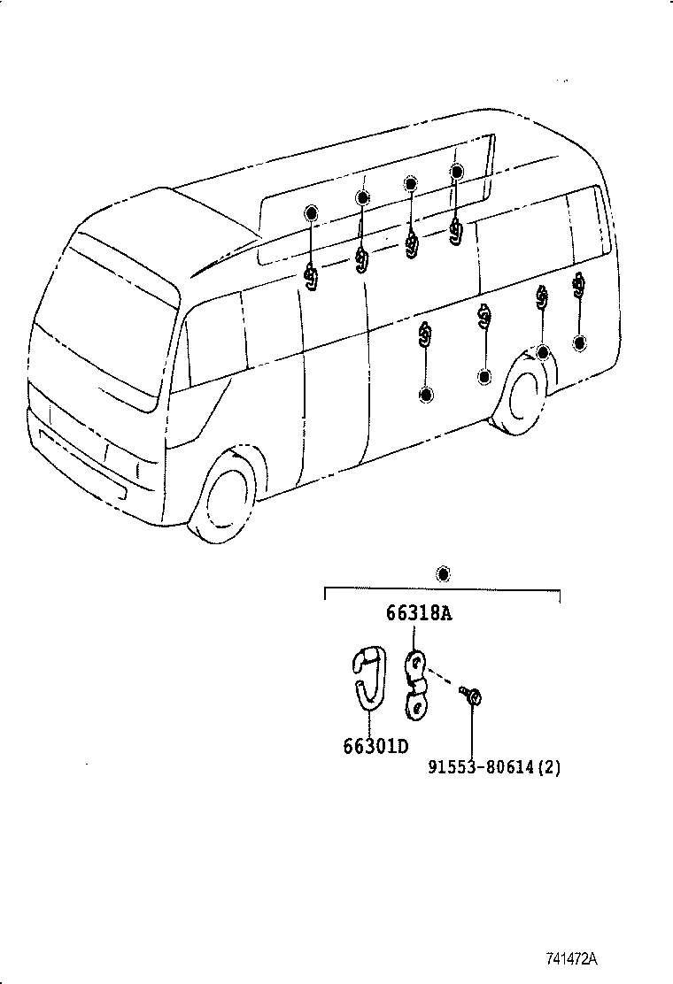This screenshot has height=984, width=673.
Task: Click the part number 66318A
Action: [418, 612]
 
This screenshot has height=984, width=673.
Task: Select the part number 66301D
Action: [375, 746]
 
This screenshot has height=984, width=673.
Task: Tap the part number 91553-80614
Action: [482, 767]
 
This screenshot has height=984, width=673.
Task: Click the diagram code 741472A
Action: [571, 959]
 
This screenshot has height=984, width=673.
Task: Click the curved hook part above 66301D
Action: [368, 677]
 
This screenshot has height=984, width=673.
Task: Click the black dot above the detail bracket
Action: [444, 574]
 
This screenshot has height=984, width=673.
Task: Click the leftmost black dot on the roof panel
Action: [311, 212]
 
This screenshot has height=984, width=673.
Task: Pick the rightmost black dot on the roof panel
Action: [456, 172]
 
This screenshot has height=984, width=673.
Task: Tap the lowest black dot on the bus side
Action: [427, 395]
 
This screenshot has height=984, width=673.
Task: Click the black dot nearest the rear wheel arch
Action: [543, 353]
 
